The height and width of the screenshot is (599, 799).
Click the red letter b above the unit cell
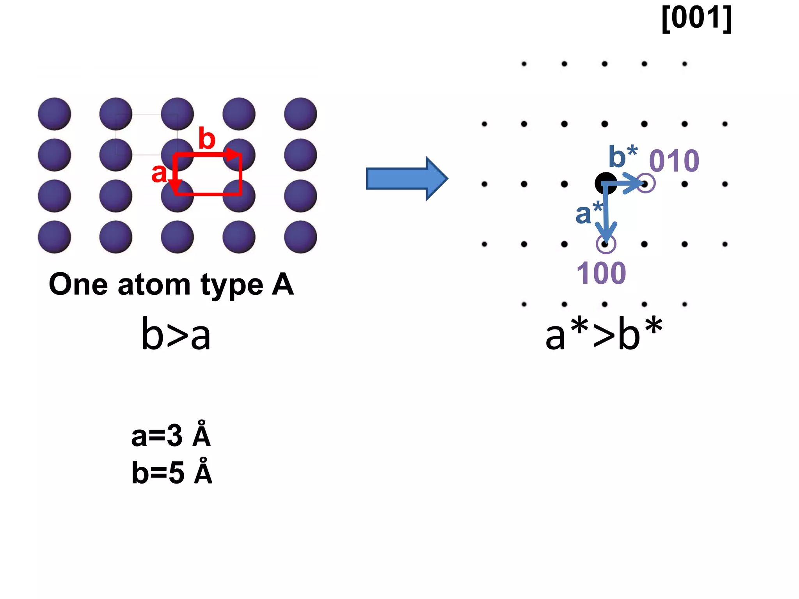[207, 138]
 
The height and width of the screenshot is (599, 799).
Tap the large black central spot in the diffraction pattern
[605, 183]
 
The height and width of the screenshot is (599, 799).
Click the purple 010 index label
[674, 161]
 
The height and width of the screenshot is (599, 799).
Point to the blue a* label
[588, 213]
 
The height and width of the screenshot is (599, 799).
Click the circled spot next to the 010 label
[646, 184]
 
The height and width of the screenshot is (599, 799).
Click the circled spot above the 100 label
[606, 244]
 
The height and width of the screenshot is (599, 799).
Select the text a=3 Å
[171, 436]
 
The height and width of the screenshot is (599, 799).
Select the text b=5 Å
[172, 473]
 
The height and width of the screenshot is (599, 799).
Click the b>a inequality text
[176, 335]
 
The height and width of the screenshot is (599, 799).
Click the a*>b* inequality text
[604, 335]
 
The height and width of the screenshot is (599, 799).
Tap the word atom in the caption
[154, 285]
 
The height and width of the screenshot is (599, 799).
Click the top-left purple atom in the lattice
[55, 114]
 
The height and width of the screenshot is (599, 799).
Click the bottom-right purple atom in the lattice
[300, 237]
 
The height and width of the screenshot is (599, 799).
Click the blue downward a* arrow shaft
[605, 211]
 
